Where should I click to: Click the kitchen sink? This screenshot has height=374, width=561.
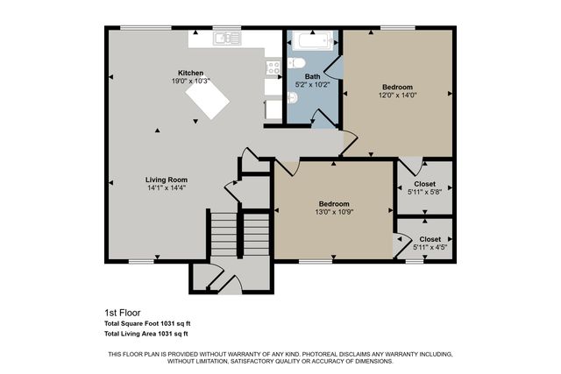point(226,38)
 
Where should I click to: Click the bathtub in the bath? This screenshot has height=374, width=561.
point(312,40)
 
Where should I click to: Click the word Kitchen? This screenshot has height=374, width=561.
point(191,73)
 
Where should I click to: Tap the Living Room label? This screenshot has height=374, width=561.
point(167,180)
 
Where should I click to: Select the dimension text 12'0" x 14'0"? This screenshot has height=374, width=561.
point(399,95)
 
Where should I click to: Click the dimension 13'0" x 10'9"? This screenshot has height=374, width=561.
point(333,211)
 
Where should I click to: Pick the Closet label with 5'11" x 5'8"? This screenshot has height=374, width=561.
point(425,184)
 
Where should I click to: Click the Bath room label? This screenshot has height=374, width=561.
point(312,77)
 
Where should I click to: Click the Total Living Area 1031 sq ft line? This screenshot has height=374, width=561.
point(146,334)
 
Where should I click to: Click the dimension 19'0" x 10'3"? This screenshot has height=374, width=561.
point(191,81)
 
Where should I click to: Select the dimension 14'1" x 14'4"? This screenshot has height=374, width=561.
point(167,187)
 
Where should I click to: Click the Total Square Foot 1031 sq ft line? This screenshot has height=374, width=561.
point(146,323)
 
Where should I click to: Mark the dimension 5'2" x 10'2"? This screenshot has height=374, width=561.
point(312,85)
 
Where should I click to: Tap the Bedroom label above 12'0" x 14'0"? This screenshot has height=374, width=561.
point(399,88)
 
